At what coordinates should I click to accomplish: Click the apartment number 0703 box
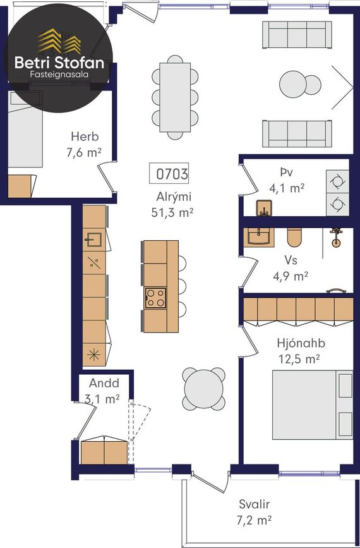pos(169,173)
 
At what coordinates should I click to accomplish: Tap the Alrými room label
pos(174,197)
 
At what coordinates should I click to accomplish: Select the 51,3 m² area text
pos(172,212)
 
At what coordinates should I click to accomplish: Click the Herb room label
pos(85,137)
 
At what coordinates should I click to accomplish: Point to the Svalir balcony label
pos(254,504)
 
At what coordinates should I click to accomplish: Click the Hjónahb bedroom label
pos(301,343)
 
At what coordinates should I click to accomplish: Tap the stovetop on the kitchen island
pos(156,298)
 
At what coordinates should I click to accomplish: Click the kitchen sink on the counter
pos(93,240)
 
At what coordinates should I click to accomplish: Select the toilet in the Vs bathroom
pos(294,237)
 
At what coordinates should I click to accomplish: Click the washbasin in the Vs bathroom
pos(259,237)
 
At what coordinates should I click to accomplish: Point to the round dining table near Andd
pos(203,389)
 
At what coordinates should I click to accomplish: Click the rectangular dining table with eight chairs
pos(175,97)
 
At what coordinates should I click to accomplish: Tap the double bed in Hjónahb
pos(313,405)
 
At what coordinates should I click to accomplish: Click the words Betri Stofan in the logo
pos(59,63)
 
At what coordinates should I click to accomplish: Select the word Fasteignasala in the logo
pos(59,75)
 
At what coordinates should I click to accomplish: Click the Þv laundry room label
pos(286,173)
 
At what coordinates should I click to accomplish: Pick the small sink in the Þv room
pos(265,209)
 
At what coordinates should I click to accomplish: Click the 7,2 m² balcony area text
pos(254,520)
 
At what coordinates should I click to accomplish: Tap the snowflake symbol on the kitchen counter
pos(93,355)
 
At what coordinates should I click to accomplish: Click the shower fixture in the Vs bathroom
pos(336,238)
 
